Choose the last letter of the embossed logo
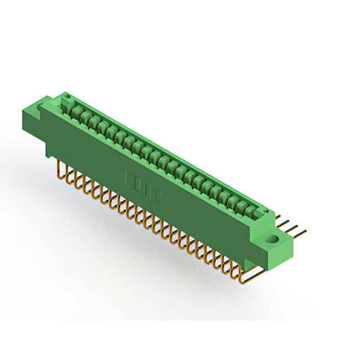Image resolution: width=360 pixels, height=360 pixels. [x=159, y=194]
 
